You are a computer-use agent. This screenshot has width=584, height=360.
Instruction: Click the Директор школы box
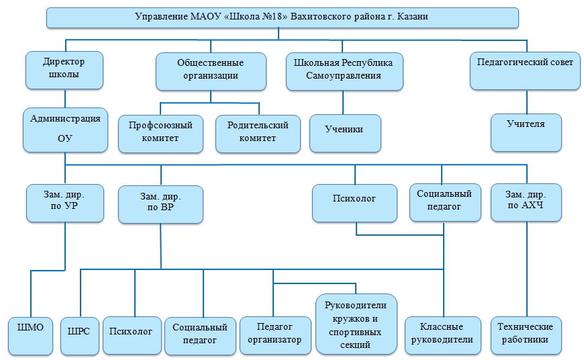(64, 69)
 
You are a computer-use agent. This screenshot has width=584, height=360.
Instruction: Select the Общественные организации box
(211, 70)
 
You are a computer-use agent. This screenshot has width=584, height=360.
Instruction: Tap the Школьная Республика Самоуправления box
(344, 70)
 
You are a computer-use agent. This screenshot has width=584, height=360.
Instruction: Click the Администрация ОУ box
(65, 129)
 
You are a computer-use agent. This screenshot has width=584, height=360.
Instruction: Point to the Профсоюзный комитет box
(161, 132)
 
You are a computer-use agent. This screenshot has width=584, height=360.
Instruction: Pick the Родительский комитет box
(258, 132)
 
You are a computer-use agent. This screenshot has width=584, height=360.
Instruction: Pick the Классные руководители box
(443, 334)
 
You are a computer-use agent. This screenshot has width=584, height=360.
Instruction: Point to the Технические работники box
(526, 334)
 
